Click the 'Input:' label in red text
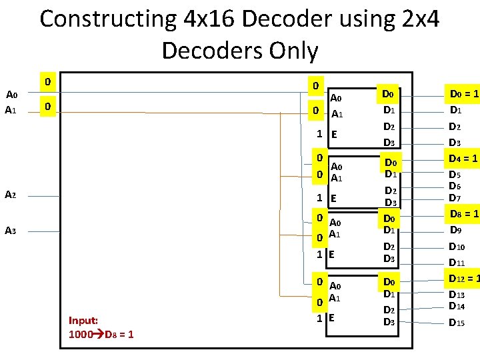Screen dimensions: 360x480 (84, 320)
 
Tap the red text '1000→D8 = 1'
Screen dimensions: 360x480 (101, 334)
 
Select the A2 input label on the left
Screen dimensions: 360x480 (11, 195)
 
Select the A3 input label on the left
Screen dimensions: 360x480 (11, 231)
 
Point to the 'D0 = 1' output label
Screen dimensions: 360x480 (464, 95)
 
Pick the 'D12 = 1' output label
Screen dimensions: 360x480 (465, 279)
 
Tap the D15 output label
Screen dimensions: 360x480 (457, 323)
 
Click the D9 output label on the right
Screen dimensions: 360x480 (456, 230)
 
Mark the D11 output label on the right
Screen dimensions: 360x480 (457, 263)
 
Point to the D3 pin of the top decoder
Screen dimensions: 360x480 (389, 143)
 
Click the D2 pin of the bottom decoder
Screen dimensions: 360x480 (389, 310)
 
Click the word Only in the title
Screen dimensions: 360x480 (283, 50)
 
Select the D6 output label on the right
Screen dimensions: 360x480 (455, 187)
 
